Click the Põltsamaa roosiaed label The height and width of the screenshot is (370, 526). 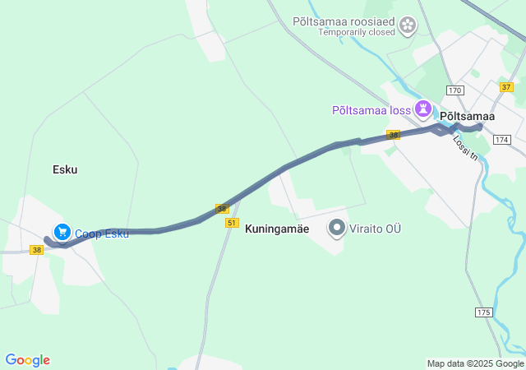point(344,21)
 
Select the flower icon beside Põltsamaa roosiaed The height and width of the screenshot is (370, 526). point(408,26)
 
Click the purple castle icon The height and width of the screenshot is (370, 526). point(423,109)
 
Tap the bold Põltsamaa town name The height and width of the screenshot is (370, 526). point(468,117)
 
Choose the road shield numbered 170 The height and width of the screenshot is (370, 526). point(455,90)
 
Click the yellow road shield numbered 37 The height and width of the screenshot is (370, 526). point(506,86)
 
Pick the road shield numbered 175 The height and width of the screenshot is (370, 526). point(483,312)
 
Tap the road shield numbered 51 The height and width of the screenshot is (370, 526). point(232,223)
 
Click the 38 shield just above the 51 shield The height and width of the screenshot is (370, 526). point(222,209)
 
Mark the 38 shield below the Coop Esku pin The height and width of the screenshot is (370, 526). point(37,249)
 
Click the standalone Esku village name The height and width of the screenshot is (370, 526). point(65,169)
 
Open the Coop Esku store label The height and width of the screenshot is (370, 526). point(102,234)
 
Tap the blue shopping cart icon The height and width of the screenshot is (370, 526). point(62,233)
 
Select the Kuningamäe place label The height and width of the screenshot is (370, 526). point(277,229)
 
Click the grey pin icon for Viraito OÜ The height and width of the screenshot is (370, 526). point(337,228)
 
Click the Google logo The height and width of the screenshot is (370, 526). point(27,360)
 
